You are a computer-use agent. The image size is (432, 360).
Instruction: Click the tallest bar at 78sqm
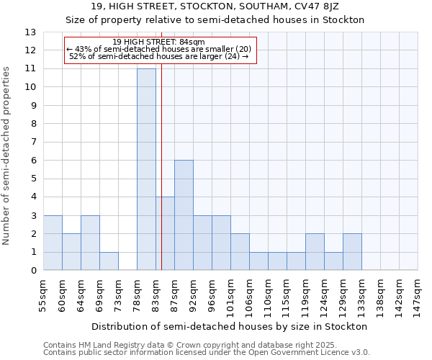pos(146,169)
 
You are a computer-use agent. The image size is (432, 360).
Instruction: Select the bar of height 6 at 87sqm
pos(184,215)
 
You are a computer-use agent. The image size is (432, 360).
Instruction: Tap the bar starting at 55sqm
pos(53,243)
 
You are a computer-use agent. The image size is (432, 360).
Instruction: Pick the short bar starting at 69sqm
pos(109,261)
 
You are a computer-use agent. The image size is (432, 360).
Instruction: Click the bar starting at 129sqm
pos(352,252)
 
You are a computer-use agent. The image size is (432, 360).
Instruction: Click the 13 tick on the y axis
pos(32,32)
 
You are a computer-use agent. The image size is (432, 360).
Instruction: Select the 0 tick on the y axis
pos(33,271)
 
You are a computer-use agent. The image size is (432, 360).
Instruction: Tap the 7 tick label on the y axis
pos(33,143)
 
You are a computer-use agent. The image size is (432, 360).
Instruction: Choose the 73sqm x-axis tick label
pos(118,294)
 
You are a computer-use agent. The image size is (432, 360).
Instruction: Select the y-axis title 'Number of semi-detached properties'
pos(6,155)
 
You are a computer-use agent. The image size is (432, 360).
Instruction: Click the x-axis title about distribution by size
pos(230,326)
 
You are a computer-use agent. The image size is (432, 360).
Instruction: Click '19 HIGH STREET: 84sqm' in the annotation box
pos(159,42)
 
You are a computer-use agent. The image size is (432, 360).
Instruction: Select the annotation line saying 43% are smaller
pos(159,49)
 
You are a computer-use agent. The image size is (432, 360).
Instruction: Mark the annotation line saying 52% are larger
pos(159,56)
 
